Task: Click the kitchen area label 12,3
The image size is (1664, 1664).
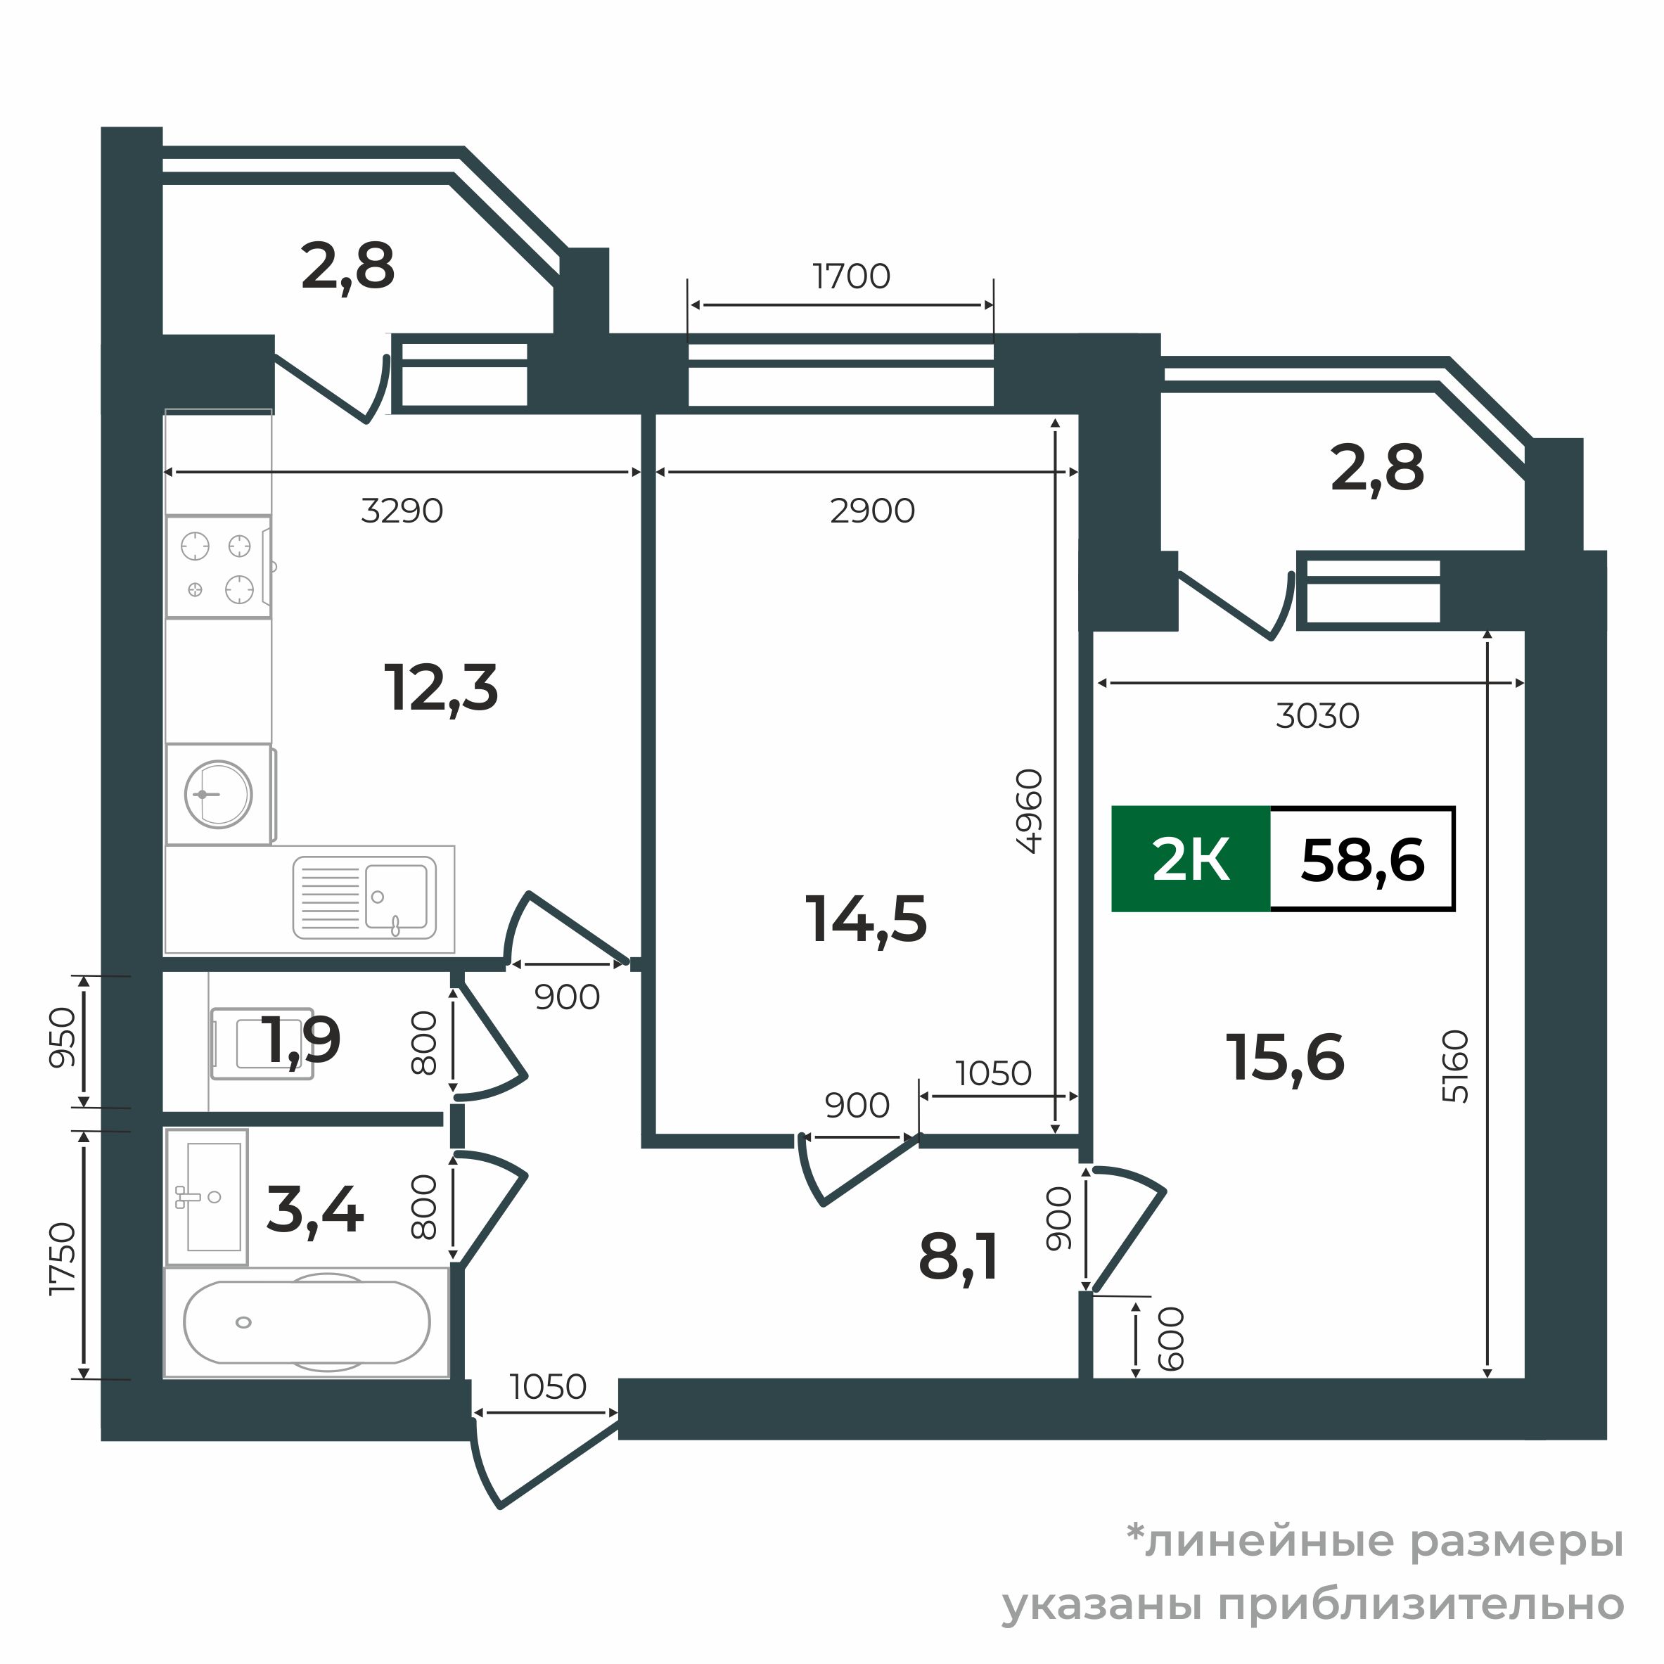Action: pos(441,690)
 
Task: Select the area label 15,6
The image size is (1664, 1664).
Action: pos(1285,1058)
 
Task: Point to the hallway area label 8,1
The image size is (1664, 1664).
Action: pos(959,1258)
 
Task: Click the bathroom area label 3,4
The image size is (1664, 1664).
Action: pos(315,1211)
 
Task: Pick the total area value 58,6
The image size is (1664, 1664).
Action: pos(1362,859)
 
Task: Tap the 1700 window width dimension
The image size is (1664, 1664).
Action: pos(851,276)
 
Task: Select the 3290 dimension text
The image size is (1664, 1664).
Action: pos(402,511)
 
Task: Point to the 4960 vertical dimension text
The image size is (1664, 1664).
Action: pos(1029,812)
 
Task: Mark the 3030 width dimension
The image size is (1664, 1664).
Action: pos(1318,716)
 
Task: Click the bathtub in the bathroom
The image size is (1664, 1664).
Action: pos(307,1323)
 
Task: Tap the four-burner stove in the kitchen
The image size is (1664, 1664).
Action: pos(219,567)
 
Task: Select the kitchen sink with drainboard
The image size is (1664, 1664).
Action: pos(364,897)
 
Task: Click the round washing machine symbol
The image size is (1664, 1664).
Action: pos(219,794)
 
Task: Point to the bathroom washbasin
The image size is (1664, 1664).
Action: pos(207,1197)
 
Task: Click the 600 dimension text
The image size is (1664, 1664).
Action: pos(1172,1339)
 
